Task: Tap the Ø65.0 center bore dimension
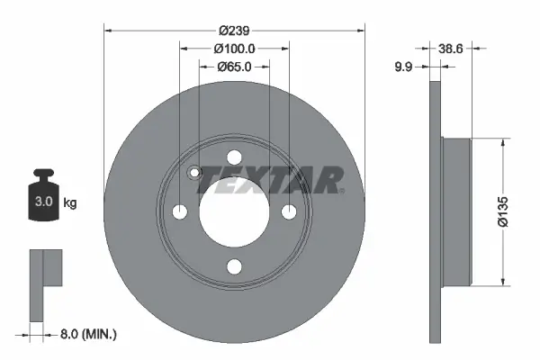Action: pos(234,67)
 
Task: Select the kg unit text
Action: pos(69,203)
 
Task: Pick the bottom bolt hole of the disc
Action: pos(234,265)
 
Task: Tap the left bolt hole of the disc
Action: pos(179,211)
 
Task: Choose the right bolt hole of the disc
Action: pos(289,211)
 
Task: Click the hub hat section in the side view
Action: pos(457,211)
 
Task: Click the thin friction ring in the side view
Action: pos(436,211)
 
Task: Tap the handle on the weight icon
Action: pos(42,174)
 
